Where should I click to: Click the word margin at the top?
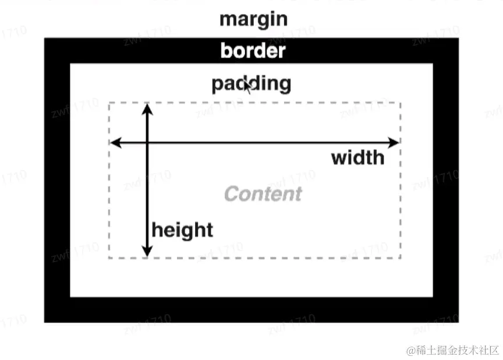253,19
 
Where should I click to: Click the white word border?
253,51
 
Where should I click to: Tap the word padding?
251,84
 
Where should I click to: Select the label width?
357,158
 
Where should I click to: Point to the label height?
182,230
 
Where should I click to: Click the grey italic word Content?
263,194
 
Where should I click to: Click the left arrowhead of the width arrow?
115,142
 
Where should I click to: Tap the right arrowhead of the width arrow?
395,142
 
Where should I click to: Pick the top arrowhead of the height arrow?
147,108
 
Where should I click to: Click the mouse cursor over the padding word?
247,87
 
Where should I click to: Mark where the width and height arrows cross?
147,142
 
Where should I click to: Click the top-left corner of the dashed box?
109,103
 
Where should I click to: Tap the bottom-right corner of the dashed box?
401,257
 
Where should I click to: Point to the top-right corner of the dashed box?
401,103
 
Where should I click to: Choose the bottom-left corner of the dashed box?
109,257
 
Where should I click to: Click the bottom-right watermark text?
453,350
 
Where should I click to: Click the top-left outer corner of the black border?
45,38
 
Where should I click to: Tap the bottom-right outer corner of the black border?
458,322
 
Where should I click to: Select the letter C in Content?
231,194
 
